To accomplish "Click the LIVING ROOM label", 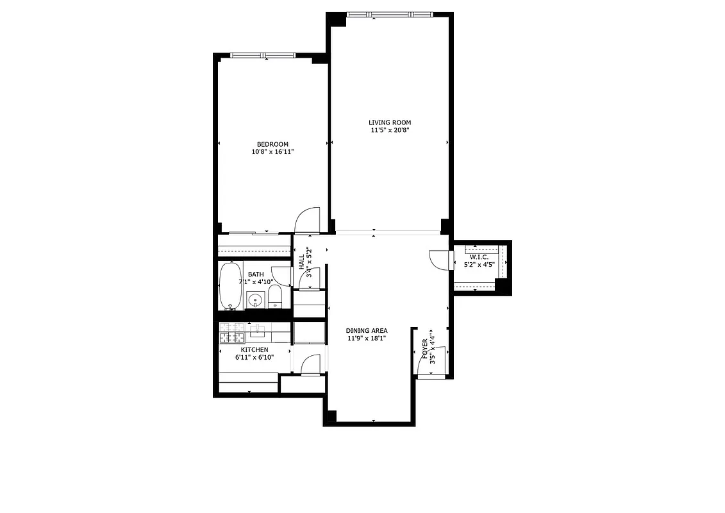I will pyautogui.click(x=389, y=122).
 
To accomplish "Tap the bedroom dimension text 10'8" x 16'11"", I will pyautogui.click(x=272, y=152).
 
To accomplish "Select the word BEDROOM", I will pyautogui.click(x=272, y=144).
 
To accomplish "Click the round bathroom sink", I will pyautogui.click(x=255, y=299).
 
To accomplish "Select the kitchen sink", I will pyautogui.click(x=259, y=331).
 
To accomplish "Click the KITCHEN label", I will pyautogui.click(x=254, y=349).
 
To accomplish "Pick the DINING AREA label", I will pyautogui.click(x=367, y=331).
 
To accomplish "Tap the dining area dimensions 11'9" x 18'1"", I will pyautogui.click(x=367, y=339).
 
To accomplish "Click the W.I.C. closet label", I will pyautogui.click(x=479, y=257).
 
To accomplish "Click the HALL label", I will pyautogui.click(x=301, y=261).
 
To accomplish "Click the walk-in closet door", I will pyautogui.click(x=440, y=260).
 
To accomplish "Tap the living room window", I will pyautogui.click(x=389, y=14).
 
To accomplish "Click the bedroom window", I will pyautogui.click(x=259, y=55).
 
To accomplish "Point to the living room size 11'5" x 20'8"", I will pyautogui.click(x=389, y=130).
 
